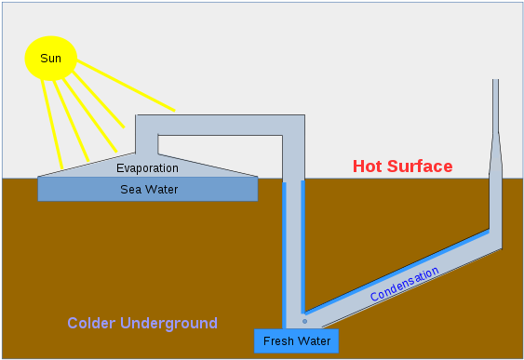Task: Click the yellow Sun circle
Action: pyautogui.click(x=50, y=59)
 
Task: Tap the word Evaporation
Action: pyautogui.click(x=147, y=168)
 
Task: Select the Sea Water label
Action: pyautogui.click(x=149, y=190)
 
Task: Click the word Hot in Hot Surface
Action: pyautogui.click(x=369, y=167)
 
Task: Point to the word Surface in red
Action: pyautogui.click(x=421, y=167)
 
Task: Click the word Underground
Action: pyautogui.click(x=172, y=324)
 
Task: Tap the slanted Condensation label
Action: pyautogui.click(x=404, y=285)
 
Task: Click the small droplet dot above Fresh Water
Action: pyautogui.click(x=304, y=322)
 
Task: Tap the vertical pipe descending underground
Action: pyautogui.click(x=293, y=242)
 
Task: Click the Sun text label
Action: pyautogui.click(x=50, y=59)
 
